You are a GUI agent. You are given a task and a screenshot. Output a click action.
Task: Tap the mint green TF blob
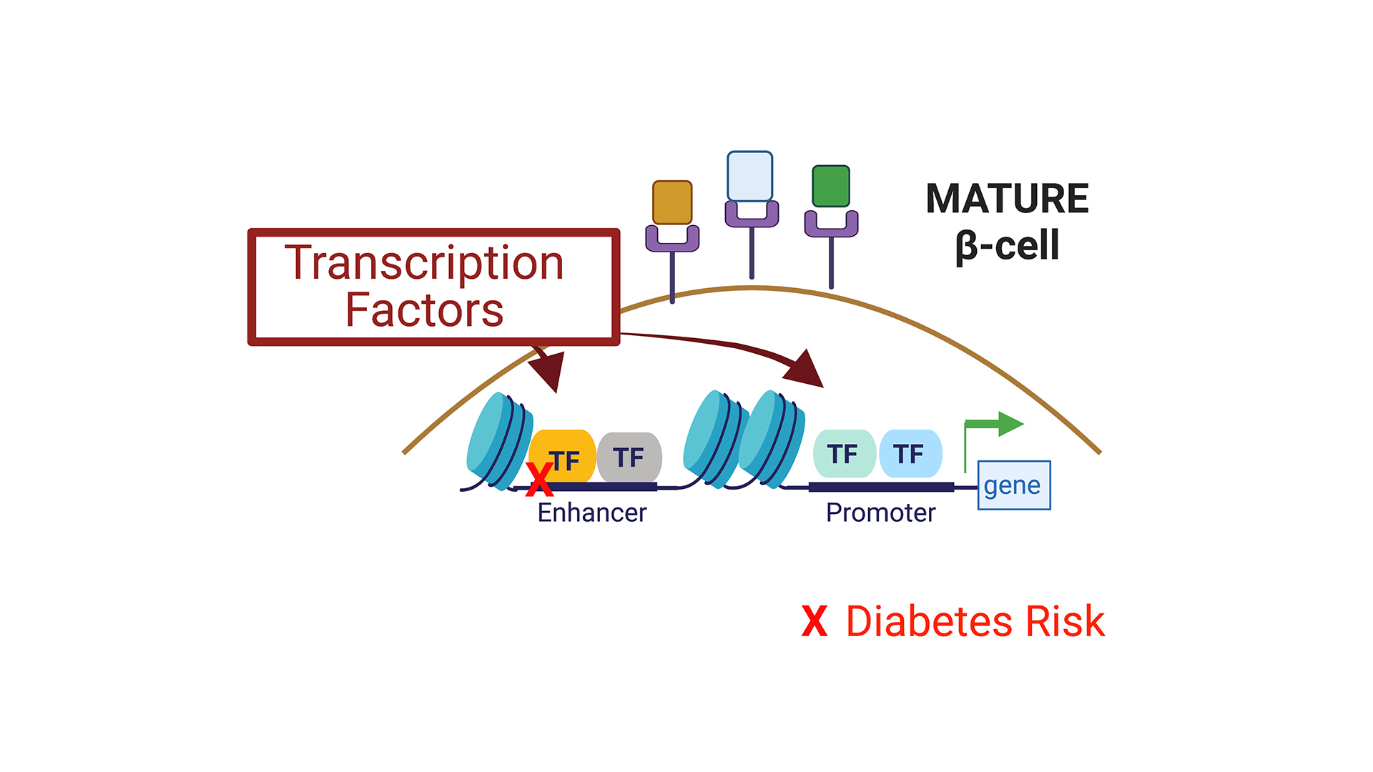click(x=844, y=454)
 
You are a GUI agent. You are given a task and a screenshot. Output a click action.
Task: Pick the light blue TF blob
click(x=910, y=454)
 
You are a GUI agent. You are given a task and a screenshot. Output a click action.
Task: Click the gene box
click(x=1013, y=485)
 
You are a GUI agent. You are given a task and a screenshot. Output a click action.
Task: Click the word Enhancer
click(x=591, y=513)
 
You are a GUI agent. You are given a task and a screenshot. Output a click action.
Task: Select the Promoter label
click(x=880, y=513)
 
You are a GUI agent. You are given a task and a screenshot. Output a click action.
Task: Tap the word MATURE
click(x=1007, y=199)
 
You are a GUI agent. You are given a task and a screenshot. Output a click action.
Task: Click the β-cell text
click(x=1007, y=247)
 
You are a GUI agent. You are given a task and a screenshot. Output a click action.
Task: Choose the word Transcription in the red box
click(x=424, y=263)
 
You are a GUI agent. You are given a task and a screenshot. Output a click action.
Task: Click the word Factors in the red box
click(x=424, y=310)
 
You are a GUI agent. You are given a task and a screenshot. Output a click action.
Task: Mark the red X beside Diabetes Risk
click(x=815, y=621)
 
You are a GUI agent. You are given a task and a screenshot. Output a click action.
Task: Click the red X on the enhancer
click(x=539, y=479)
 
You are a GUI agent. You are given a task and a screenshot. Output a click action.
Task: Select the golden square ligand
click(x=672, y=202)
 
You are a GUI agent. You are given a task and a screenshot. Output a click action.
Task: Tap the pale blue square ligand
click(x=749, y=176)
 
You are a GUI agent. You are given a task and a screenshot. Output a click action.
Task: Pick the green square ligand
click(x=831, y=186)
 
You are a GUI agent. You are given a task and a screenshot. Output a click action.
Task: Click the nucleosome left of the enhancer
click(x=498, y=440)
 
